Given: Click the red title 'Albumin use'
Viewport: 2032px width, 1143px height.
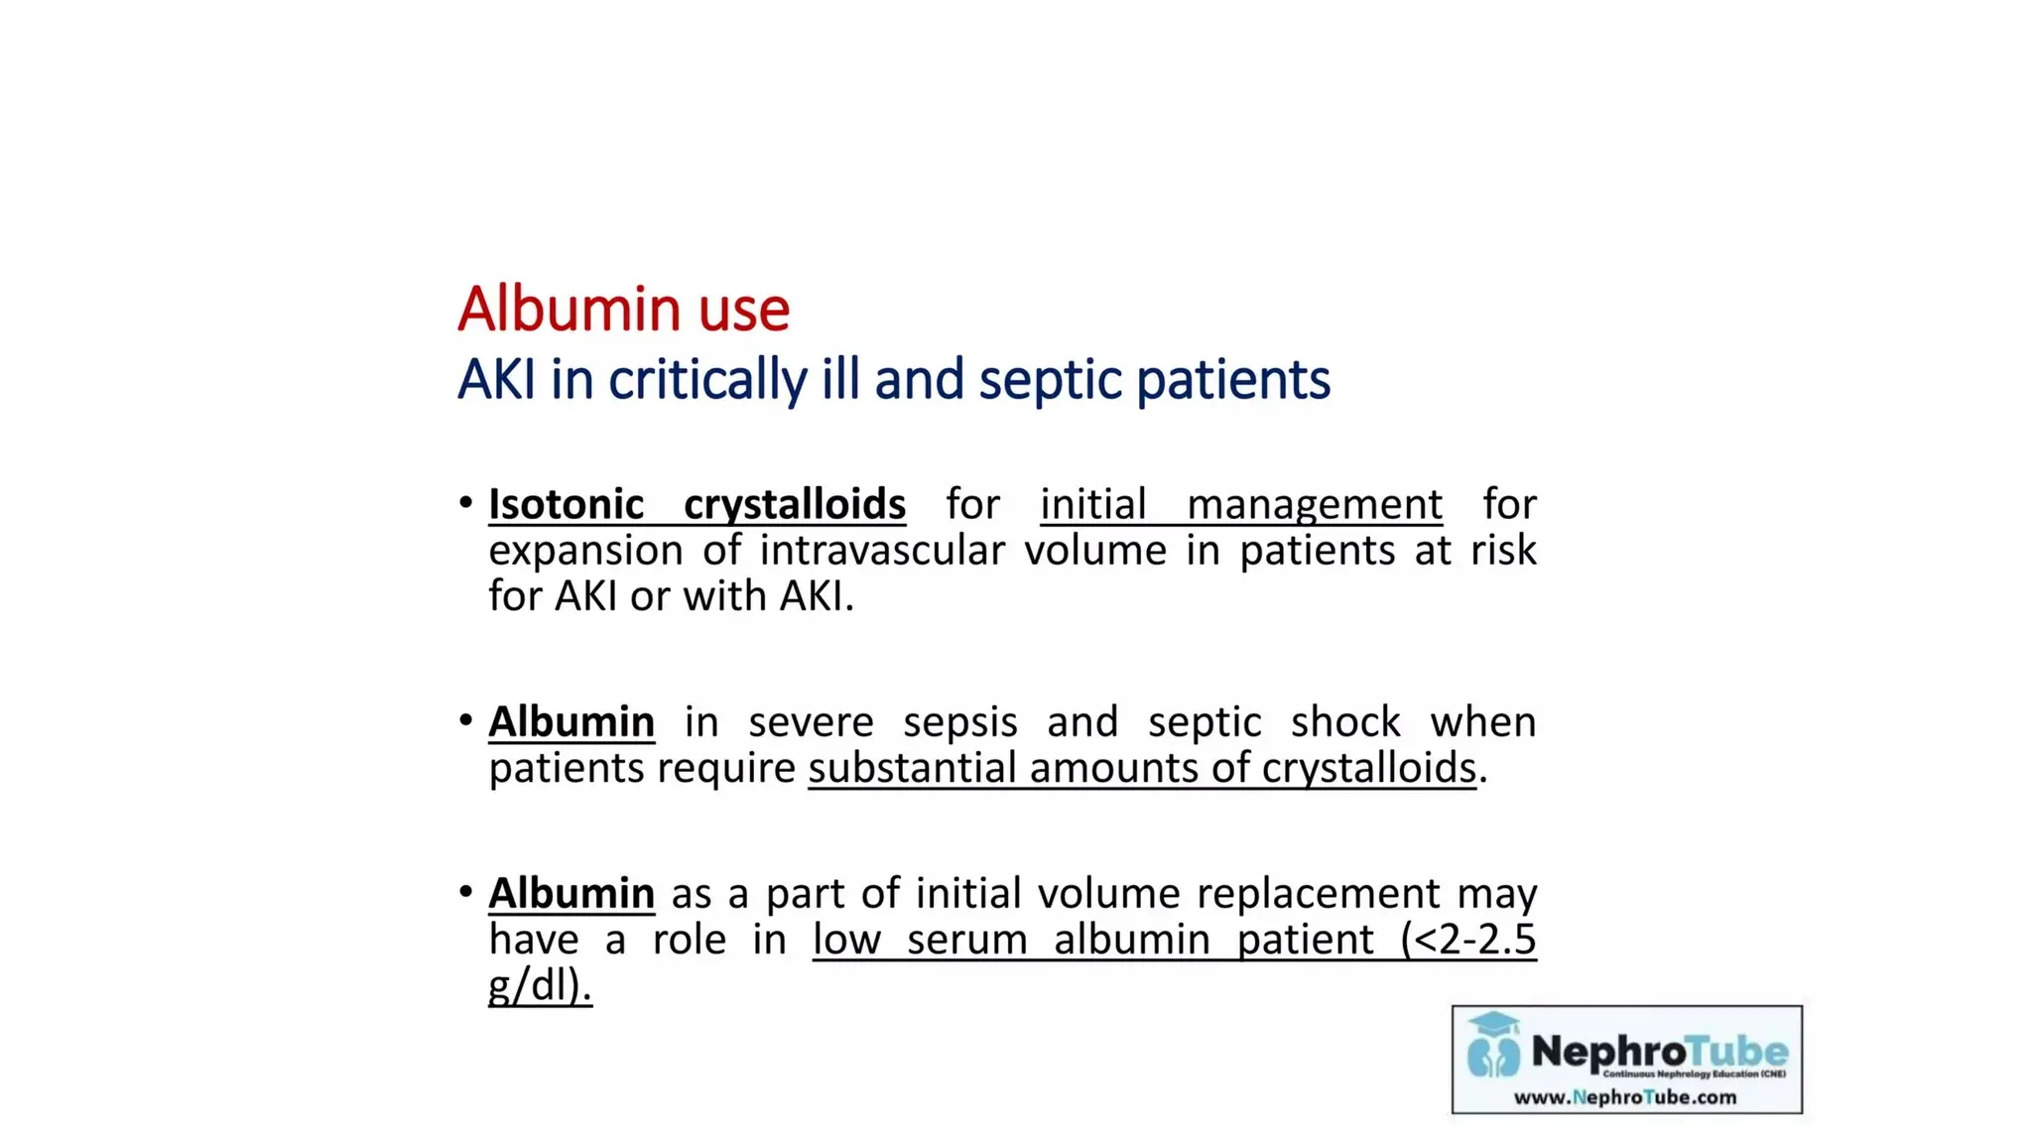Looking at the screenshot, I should [x=623, y=309].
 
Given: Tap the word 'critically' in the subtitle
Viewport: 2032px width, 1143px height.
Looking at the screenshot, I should [x=707, y=380].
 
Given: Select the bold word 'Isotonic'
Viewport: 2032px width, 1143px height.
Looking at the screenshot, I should [x=566, y=504].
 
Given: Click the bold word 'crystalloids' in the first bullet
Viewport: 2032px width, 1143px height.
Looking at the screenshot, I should [x=794, y=504].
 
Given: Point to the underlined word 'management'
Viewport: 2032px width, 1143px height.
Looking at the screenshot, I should [x=1314, y=504].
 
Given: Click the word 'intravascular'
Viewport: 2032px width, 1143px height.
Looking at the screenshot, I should [x=881, y=550].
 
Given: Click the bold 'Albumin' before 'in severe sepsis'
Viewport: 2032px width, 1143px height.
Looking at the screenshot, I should [x=571, y=721].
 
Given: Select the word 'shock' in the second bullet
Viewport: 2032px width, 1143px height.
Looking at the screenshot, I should [x=1344, y=721].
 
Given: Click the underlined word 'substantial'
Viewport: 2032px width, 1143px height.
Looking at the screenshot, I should [x=912, y=768].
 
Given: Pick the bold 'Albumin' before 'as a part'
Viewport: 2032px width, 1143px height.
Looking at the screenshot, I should [x=571, y=893].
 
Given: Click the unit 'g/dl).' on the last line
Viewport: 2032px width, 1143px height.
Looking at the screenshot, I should [x=540, y=985].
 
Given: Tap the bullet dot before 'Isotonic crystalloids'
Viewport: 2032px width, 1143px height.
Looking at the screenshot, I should [x=465, y=503].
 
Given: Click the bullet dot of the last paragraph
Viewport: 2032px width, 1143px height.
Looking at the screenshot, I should [x=465, y=892].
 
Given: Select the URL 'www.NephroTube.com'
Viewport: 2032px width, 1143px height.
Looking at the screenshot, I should [x=1624, y=1097].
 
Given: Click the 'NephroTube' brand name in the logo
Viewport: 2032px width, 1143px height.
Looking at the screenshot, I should [x=1659, y=1051].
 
